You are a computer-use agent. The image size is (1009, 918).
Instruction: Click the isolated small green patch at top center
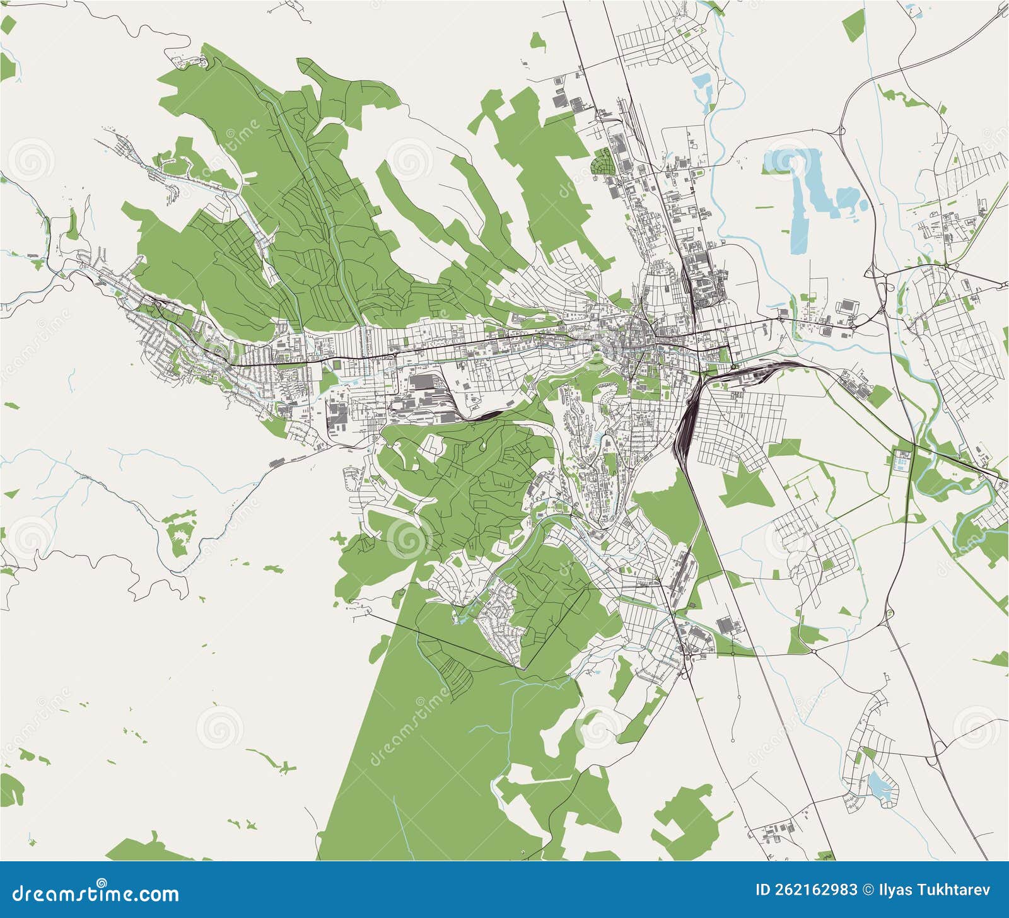pyautogui.click(x=537, y=42)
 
